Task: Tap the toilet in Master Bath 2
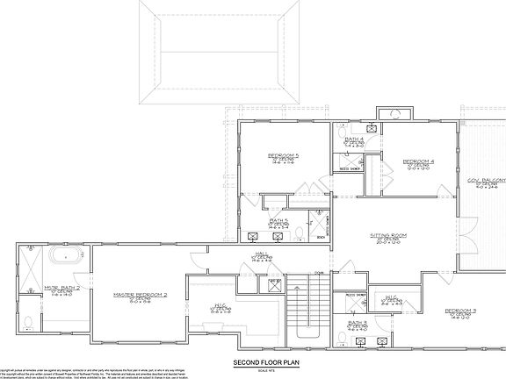click(28, 321)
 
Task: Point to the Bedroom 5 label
click(284, 156)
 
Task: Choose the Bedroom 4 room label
click(418, 162)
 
